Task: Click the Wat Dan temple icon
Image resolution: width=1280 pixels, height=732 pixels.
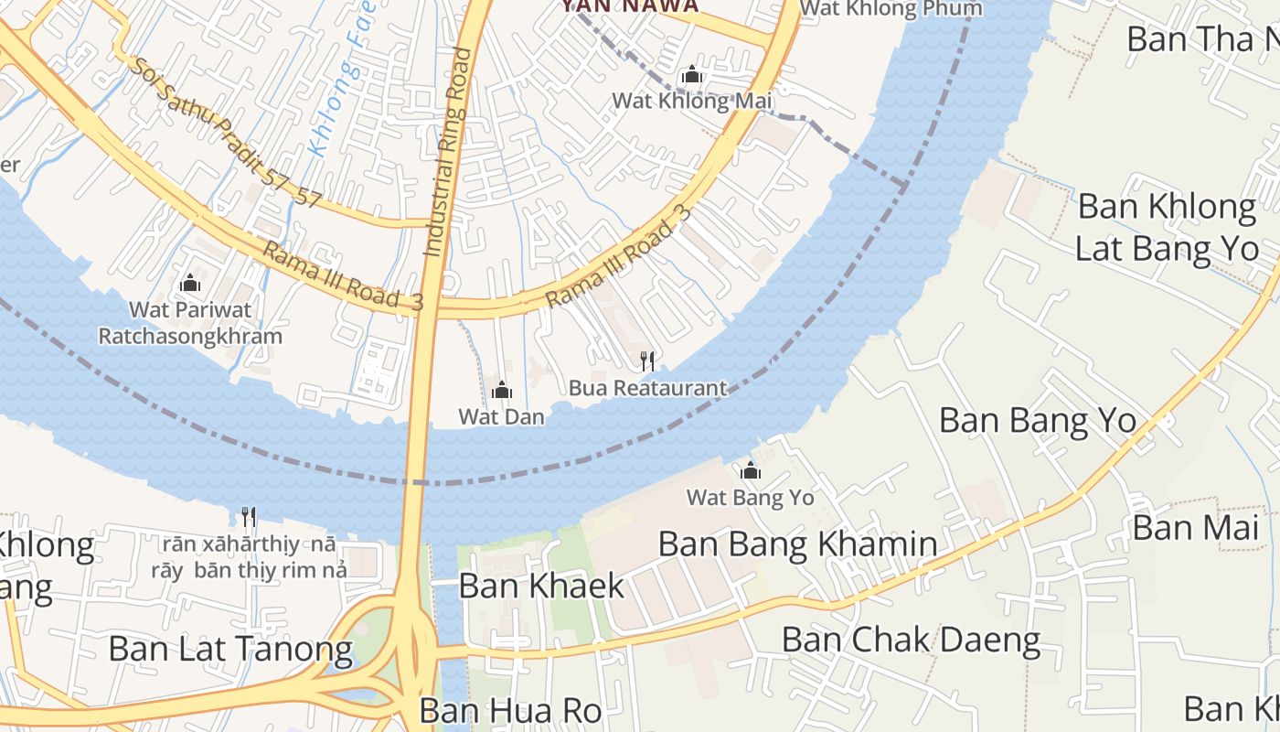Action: click(x=502, y=391)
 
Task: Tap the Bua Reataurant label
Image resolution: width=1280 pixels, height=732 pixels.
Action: click(x=647, y=388)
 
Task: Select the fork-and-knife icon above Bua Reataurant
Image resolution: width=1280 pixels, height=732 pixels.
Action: click(x=647, y=361)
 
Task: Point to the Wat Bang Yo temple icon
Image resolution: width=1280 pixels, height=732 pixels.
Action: click(x=751, y=471)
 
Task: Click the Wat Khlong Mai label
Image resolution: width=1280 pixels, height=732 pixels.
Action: click(x=692, y=101)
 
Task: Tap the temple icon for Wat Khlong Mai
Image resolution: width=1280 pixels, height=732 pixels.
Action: click(x=692, y=74)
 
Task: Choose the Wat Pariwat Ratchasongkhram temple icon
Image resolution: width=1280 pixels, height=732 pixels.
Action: click(x=190, y=283)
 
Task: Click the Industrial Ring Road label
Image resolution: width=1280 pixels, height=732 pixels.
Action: click(x=447, y=151)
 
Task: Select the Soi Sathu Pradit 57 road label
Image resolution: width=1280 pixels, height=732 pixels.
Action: click(x=224, y=133)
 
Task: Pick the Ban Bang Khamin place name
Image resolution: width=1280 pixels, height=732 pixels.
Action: click(x=797, y=544)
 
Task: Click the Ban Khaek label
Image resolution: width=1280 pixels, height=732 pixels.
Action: click(x=541, y=586)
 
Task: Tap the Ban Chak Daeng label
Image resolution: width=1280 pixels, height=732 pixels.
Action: click(x=911, y=640)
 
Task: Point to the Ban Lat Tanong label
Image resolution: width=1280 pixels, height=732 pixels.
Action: click(x=230, y=649)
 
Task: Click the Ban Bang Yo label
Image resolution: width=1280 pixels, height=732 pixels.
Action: click(x=1038, y=421)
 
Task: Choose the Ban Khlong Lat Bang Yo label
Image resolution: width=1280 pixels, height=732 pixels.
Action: click(x=1167, y=227)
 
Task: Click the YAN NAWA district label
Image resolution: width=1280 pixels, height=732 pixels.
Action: click(x=630, y=6)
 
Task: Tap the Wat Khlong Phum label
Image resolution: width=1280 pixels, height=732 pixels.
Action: click(x=891, y=9)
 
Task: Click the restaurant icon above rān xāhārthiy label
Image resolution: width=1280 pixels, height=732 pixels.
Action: click(x=249, y=517)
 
